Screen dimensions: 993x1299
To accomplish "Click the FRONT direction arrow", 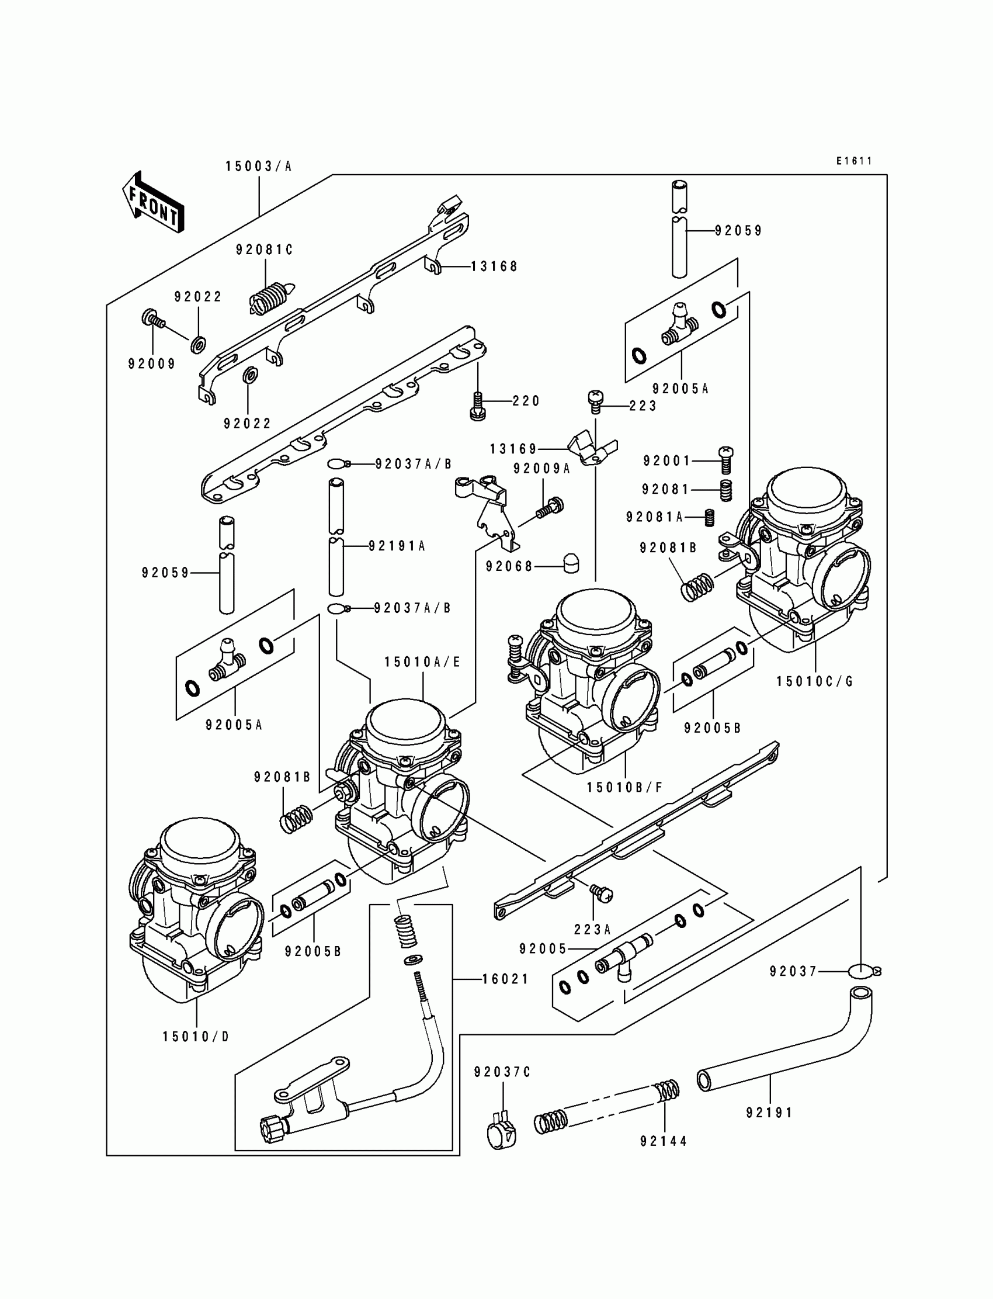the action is (153, 202).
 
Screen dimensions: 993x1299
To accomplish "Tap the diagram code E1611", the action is (854, 161).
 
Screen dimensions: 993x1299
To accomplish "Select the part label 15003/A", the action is (259, 167).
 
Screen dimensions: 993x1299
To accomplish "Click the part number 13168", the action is (494, 266).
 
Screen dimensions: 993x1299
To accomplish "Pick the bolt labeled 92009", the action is (152, 320).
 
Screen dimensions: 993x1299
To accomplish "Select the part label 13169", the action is (513, 449).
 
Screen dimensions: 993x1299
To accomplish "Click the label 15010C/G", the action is (815, 682).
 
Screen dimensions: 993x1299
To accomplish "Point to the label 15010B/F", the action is (625, 788).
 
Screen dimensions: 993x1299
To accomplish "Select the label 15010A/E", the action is (422, 662).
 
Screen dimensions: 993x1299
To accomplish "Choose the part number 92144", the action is (664, 1158).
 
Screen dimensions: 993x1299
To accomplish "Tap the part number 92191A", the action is (397, 546).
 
